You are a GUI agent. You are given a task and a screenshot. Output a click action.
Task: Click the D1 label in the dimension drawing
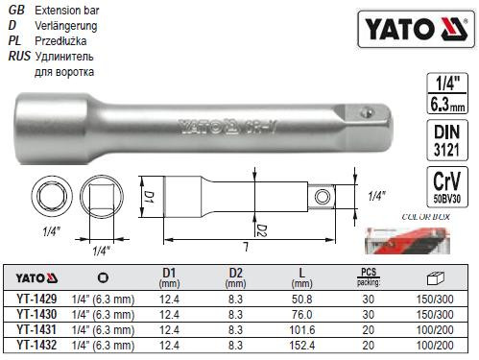(148, 197)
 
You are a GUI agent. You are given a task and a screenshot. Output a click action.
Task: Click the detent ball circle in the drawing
(321, 198)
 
